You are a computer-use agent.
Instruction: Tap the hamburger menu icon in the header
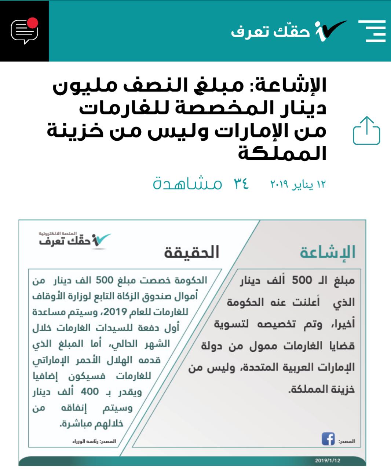pyautogui.click(x=372, y=31)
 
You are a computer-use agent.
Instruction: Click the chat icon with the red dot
pyautogui.click(x=25, y=31)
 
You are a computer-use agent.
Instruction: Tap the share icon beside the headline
pyautogui.click(x=366, y=131)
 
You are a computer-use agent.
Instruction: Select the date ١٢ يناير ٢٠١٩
pyautogui.click(x=298, y=184)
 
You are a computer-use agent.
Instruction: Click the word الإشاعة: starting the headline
pyautogui.click(x=286, y=85)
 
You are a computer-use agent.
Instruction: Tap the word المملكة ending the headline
pyautogui.click(x=282, y=153)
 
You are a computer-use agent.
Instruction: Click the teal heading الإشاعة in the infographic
pyautogui.click(x=328, y=252)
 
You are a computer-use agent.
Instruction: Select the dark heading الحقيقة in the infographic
pyautogui.click(x=191, y=252)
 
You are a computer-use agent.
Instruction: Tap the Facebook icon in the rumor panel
pyautogui.click(x=328, y=439)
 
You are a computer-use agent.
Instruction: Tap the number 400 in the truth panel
pyautogui.click(x=90, y=392)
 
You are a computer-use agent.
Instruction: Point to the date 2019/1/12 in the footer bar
pyautogui.click(x=328, y=461)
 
